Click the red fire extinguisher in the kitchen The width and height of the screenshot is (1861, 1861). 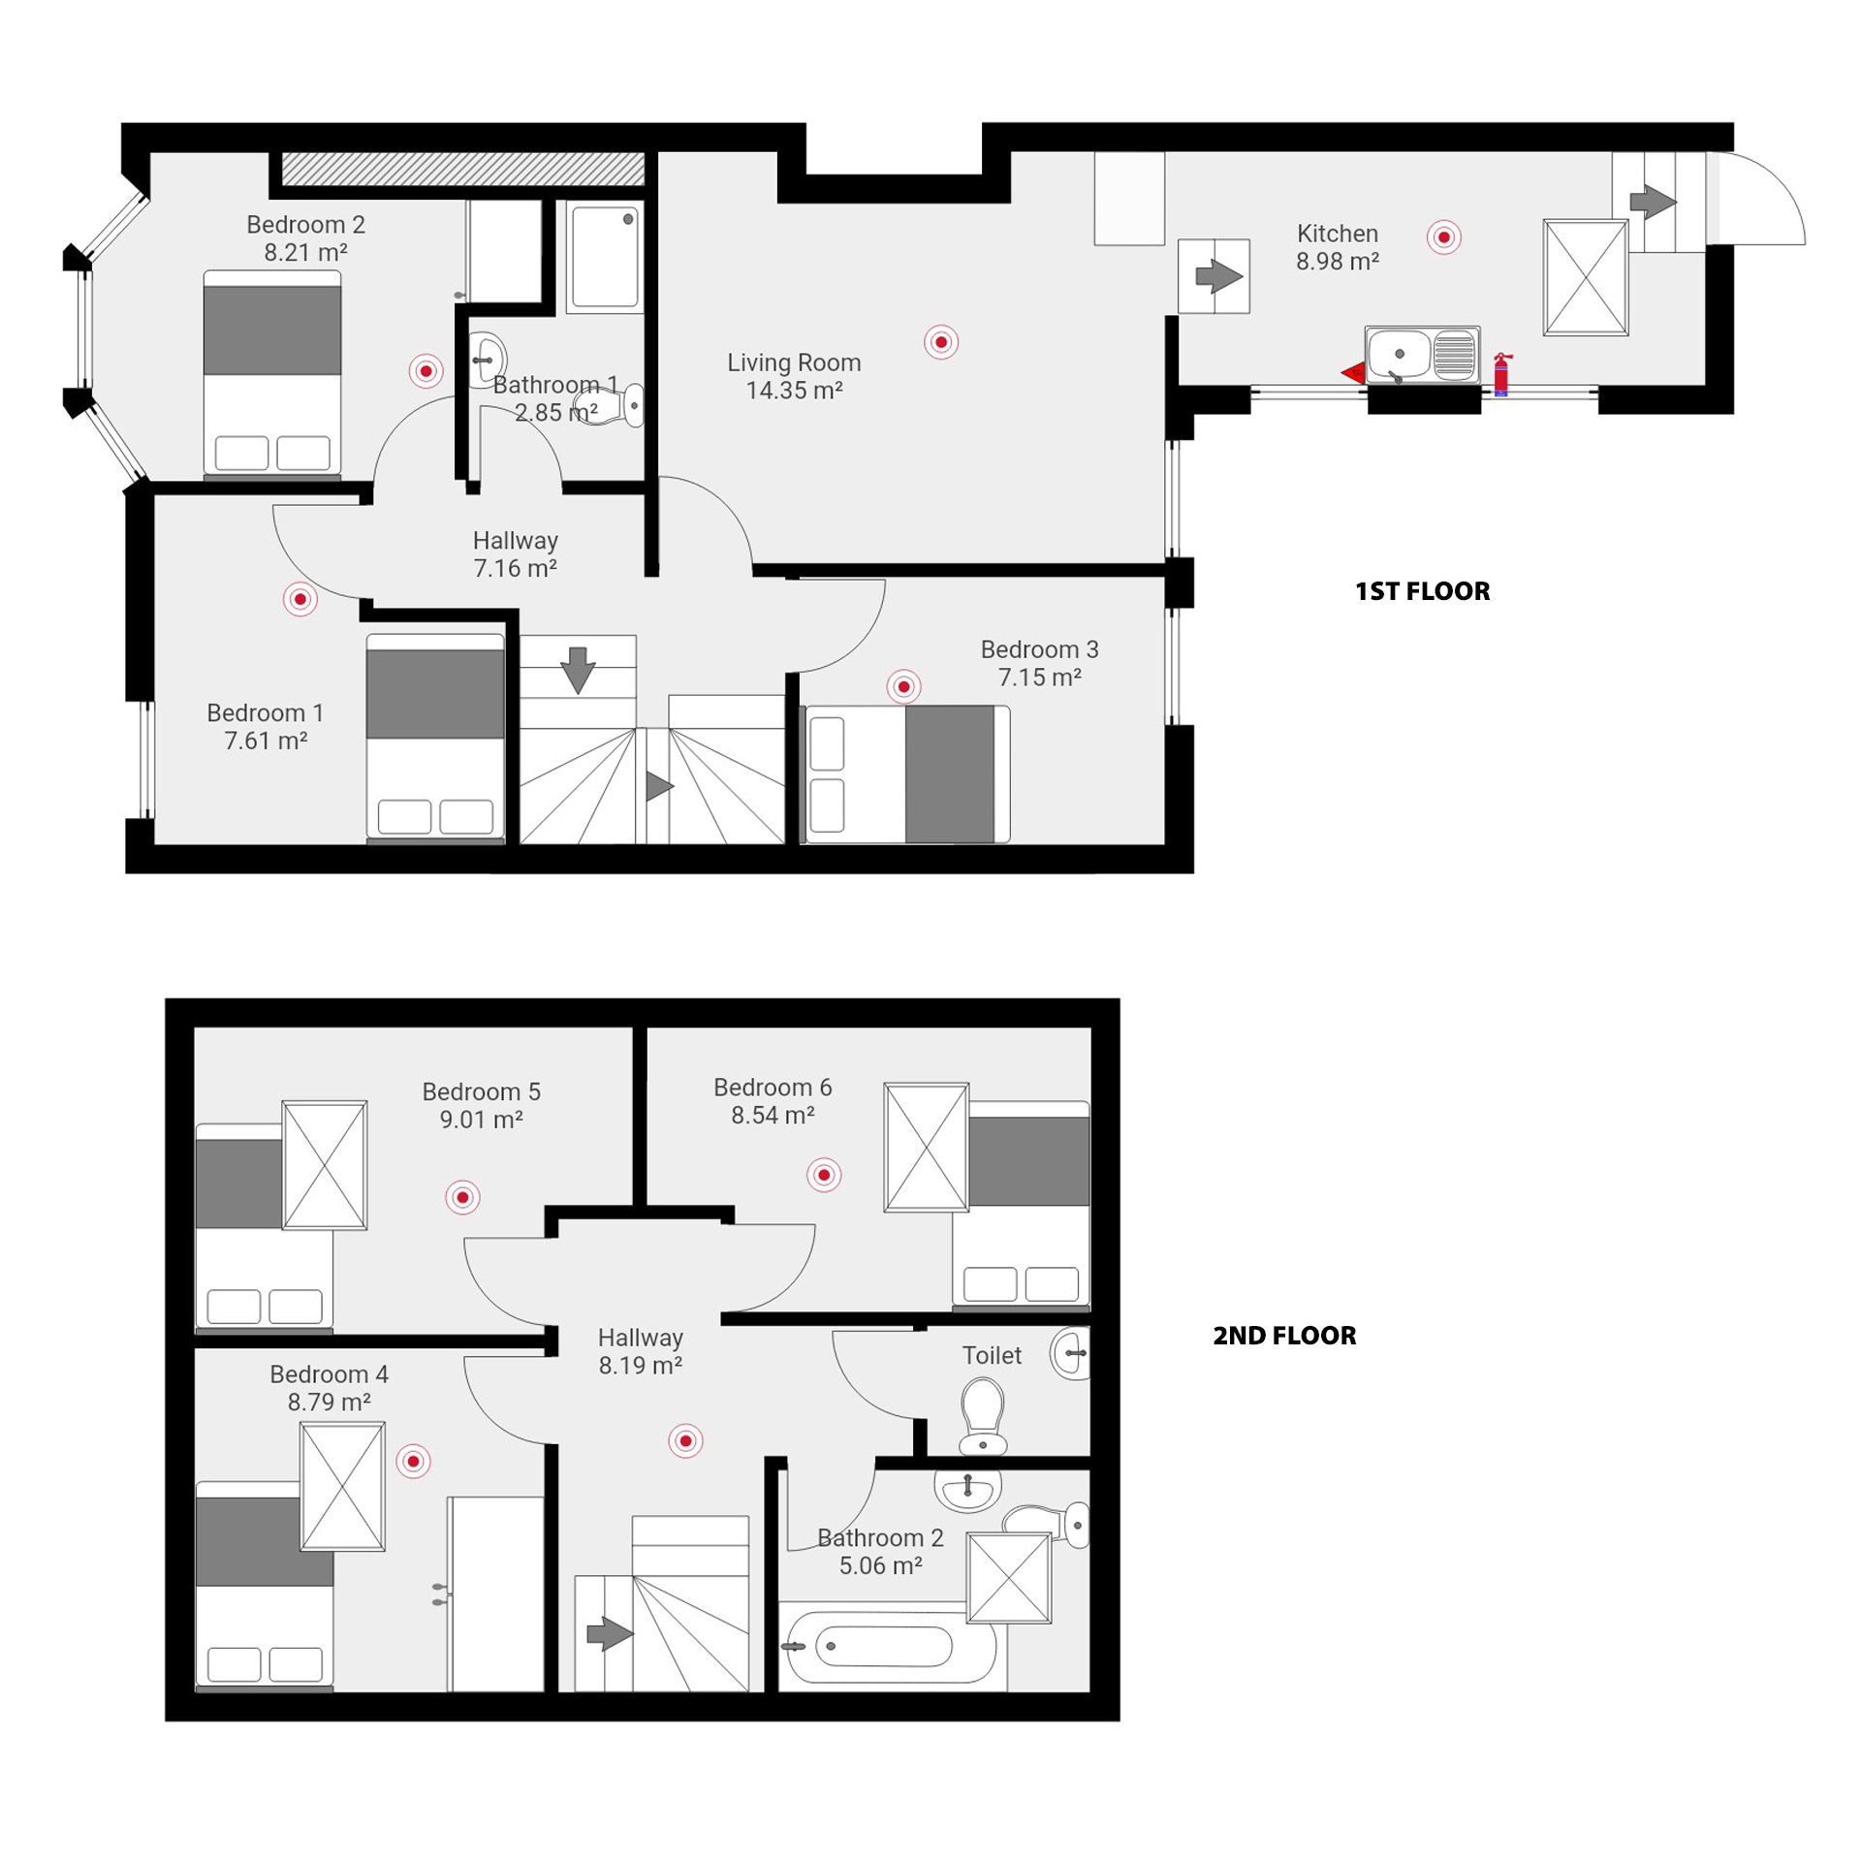[x=1501, y=374]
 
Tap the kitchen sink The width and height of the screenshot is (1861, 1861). [x=1422, y=354]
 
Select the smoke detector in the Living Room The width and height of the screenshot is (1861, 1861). [x=940, y=342]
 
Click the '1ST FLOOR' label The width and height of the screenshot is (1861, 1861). [x=1422, y=591]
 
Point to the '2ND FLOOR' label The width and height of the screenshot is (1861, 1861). [x=1284, y=1336]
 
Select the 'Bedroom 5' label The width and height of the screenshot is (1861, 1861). [x=481, y=1091]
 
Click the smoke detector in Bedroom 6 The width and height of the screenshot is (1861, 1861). [x=824, y=1175]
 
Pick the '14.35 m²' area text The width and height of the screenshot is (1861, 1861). [x=794, y=391]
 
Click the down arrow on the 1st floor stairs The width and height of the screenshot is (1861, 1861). [x=578, y=669]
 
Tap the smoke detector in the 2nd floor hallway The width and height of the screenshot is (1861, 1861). [x=685, y=1441]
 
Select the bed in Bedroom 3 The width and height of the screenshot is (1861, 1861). [x=908, y=773]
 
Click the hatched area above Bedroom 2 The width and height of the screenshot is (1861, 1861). [x=463, y=169]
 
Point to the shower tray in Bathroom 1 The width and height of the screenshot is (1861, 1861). [x=604, y=256]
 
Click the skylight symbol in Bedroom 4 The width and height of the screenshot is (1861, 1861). [x=342, y=1486]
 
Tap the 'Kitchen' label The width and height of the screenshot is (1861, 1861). [x=1337, y=234]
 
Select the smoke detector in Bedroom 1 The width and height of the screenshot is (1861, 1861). [x=300, y=599]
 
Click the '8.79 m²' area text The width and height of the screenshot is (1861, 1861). [x=329, y=1402]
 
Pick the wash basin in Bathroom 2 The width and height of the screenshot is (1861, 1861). [x=967, y=1491]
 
